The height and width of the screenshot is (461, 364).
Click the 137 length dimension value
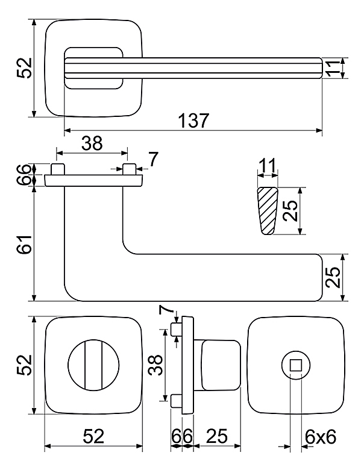tap(193, 120)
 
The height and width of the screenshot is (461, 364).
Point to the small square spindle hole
tap(296, 364)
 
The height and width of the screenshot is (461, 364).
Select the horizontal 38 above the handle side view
tap(92, 143)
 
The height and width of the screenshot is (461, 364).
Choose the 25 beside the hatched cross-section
tap(291, 211)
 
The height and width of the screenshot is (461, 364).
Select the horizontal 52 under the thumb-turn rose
tap(94, 436)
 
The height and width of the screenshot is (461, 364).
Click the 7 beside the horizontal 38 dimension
tap(152, 159)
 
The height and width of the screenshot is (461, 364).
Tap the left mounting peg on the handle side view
tap(57, 168)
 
